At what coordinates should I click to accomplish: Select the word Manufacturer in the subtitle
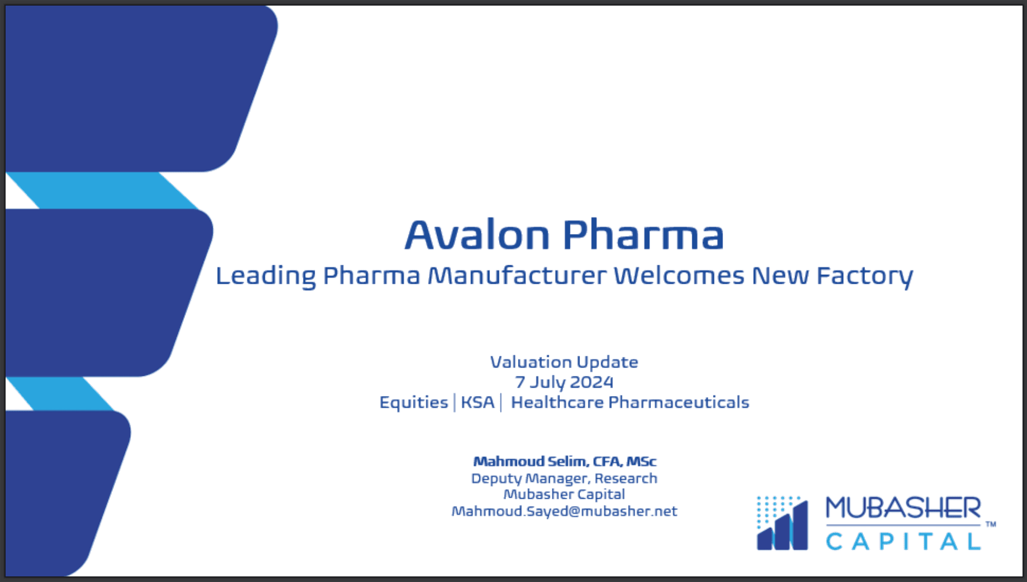pyautogui.click(x=517, y=275)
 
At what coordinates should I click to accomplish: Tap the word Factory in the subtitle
pyautogui.click(x=864, y=276)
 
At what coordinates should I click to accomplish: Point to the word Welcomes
pyautogui.click(x=679, y=275)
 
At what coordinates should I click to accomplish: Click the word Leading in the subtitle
pyautogui.click(x=265, y=276)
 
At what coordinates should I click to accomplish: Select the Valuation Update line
pyautogui.click(x=564, y=362)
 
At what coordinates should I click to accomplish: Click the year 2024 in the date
pyautogui.click(x=592, y=382)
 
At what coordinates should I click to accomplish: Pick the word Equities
pyautogui.click(x=413, y=403)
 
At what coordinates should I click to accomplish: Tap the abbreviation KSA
pyautogui.click(x=478, y=402)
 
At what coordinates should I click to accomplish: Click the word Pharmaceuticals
pyautogui.click(x=678, y=402)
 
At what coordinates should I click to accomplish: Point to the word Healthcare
pyautogui.click(x=557, y=402)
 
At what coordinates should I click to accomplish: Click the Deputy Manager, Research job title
pyautogui.click(x=564, y=478)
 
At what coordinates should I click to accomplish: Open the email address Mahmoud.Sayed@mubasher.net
pyautogui.click(x=564, y=511)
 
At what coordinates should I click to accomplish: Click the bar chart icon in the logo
pyautogui.click(x=782, y=524)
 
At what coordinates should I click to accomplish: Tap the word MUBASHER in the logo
pyautogui.click(x=903, y=508)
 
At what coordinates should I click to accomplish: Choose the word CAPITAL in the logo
pyautogui.click(x=903, y=541)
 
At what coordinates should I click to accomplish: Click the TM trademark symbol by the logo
pyautogui.click(x=991, y=524)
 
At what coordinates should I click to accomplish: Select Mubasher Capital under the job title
pyautogui.click(x=564, y=494)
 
